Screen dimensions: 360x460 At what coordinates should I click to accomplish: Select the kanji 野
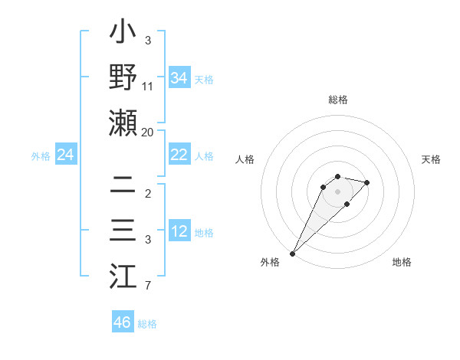point(123,79)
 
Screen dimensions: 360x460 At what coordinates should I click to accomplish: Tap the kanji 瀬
point(123,123)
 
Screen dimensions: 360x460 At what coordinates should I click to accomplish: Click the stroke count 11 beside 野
point(148,87)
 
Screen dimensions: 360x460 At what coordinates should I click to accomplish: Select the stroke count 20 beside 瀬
point(148,132)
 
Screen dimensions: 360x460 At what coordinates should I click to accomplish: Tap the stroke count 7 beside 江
point(147,286)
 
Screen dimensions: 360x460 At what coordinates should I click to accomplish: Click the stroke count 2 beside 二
point(147,193)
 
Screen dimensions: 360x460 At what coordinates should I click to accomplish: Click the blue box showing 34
point(179,78)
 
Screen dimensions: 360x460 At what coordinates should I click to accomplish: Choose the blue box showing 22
point(179,155)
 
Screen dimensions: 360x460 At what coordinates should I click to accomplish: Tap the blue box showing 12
point(179,231)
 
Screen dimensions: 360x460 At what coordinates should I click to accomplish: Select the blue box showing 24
point(65,155)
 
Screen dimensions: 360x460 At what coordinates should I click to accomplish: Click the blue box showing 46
point(122,322)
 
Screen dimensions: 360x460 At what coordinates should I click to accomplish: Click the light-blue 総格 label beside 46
point(147,324)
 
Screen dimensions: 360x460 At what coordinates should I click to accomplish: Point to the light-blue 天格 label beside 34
point(204,80)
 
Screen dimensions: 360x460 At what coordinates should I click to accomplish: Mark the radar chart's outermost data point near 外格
point(293,253)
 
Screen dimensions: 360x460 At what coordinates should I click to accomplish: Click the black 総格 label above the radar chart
point(337,100)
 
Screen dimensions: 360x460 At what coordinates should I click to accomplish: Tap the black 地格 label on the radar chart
point(402,262)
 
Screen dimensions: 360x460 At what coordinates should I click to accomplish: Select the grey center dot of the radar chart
point(337,191)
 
